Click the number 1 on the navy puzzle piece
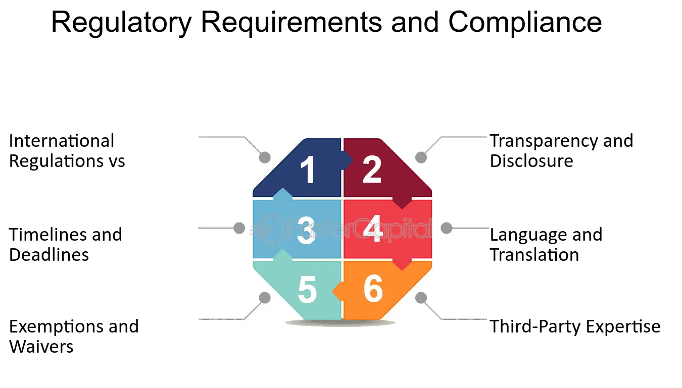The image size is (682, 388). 308,170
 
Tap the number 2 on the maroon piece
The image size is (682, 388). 372,169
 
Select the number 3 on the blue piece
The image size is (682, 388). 306,230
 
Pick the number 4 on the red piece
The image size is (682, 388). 373,229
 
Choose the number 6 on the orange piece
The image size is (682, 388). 373,288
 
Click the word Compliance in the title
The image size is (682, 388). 525,22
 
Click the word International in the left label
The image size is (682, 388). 62,141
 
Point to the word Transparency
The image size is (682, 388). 544,142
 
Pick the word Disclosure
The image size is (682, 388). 531,160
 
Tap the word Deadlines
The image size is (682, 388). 49,254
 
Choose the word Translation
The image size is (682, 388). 534,254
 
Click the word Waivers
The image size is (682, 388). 41,346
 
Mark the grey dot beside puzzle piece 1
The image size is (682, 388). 265,157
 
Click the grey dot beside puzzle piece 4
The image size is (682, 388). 447,228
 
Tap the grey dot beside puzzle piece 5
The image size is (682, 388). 265,298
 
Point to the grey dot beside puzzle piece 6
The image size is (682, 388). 421,298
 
